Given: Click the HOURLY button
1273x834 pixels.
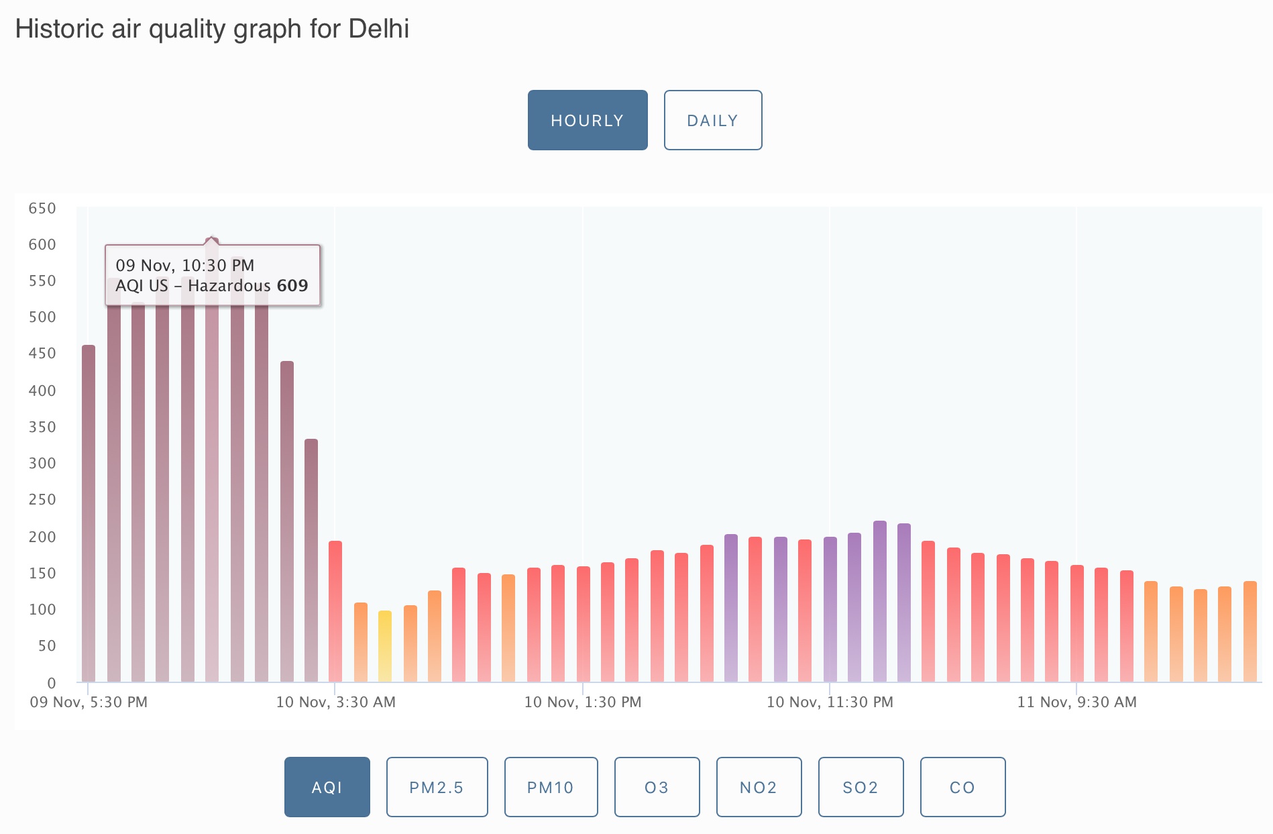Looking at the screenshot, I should (588, 121).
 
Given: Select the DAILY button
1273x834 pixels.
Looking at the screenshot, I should (712, 121).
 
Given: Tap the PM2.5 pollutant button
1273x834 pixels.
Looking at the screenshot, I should (437, 787).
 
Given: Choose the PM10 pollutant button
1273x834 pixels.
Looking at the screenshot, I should (551, 787).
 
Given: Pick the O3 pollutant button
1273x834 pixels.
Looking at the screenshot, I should (657, 787).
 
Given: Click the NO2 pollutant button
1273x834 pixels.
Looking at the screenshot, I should (759, 787).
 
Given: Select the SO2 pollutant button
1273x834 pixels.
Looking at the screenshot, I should (861, 787).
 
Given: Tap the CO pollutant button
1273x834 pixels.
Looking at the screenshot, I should (962, 787).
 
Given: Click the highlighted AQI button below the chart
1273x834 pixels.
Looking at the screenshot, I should (327, 787).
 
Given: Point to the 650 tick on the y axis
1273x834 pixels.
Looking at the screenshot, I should (42, 209).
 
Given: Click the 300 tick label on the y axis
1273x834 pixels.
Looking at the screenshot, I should (42, 463).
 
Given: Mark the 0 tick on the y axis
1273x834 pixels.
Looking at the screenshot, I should (52, 683).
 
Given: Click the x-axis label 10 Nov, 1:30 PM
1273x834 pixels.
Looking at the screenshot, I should (583, 702).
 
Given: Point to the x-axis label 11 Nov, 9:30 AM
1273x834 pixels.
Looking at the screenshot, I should (1076, 702).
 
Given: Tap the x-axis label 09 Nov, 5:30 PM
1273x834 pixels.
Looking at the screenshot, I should (89, 702).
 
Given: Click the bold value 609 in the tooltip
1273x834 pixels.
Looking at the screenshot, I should (292, 286).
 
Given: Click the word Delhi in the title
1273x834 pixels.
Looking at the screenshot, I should (379, 29).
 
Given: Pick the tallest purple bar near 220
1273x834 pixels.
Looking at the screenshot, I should (880, 601).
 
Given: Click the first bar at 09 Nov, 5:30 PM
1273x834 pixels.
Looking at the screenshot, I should (89, 513).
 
